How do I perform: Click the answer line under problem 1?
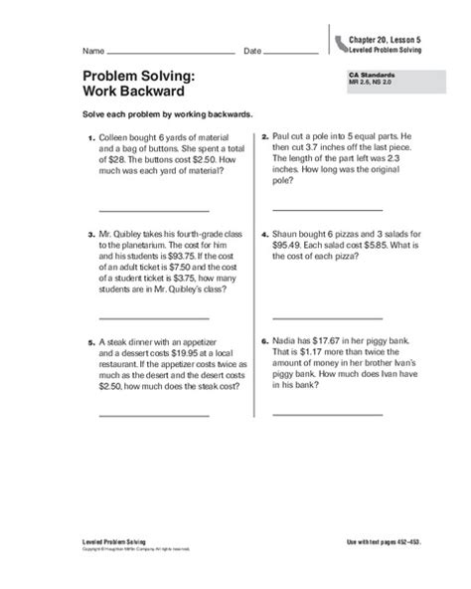click(153, 210)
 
